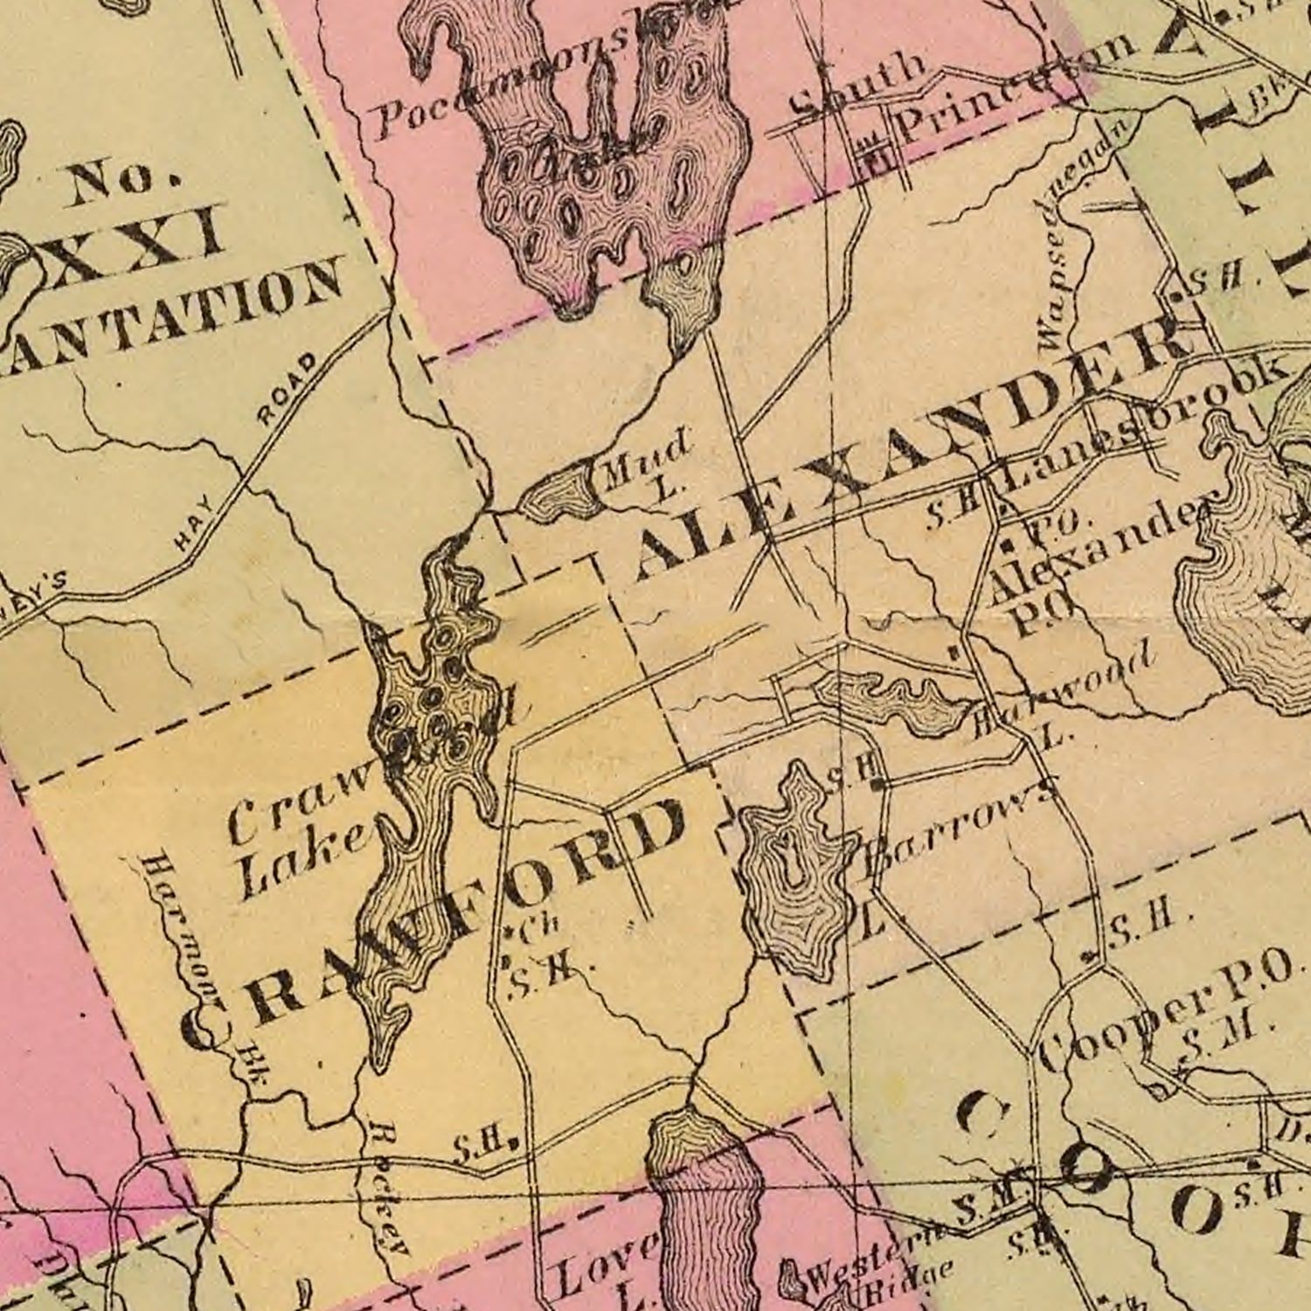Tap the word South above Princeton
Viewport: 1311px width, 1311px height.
click(x=857, y=87)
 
